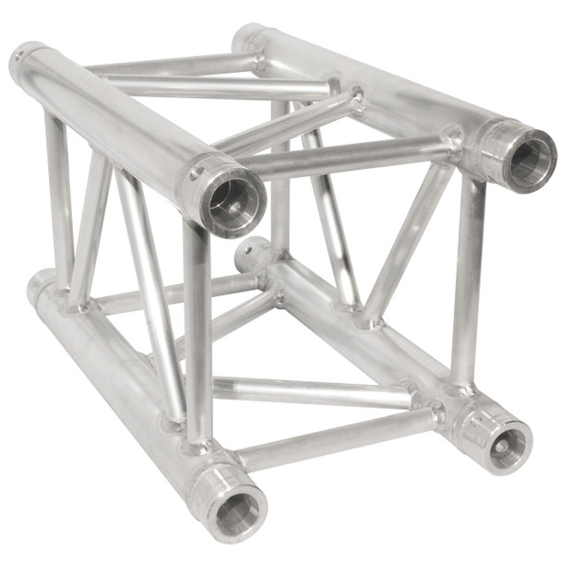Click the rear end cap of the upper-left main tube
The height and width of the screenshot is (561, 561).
(28, 63)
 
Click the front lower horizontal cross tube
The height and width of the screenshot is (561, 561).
(332, 441)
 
